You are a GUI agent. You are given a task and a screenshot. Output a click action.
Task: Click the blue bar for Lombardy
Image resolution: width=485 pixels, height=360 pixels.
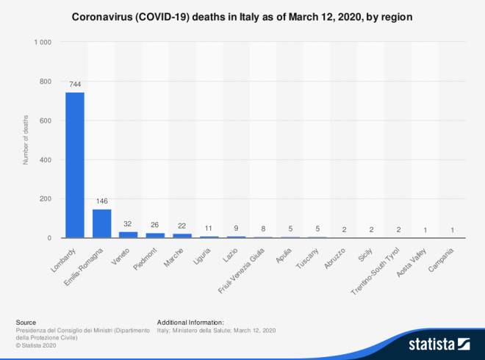coord(75,165)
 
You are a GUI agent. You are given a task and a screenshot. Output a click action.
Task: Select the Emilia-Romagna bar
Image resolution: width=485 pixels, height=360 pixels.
coord(101,223)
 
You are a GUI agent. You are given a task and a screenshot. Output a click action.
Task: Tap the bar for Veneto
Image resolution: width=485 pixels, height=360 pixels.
coord(129,234)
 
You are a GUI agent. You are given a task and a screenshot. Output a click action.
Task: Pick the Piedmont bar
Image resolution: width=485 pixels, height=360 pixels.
coord(155,235)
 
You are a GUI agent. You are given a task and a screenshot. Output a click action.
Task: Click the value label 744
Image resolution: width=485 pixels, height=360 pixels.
coord(75,84)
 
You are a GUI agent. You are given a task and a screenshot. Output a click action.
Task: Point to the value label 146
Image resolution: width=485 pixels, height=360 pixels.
coord(101,201)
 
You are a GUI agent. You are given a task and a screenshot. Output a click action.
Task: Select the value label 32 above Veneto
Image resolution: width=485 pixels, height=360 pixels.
coord(129,224)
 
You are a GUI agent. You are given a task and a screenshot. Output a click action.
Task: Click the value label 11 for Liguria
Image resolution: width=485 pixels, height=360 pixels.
coord(209,228)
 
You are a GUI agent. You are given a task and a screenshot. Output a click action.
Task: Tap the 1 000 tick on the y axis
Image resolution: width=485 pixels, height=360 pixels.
coord(41,43)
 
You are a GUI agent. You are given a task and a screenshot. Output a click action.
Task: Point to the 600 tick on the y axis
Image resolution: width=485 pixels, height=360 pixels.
coord(45,120)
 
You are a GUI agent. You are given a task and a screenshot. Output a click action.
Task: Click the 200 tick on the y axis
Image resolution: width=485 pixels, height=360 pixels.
coord(45,198)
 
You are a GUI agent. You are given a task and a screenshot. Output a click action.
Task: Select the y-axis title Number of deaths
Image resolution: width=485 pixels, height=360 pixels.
coord(26,140)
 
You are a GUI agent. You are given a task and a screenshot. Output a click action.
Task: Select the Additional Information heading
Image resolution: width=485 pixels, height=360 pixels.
coord(190,322)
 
